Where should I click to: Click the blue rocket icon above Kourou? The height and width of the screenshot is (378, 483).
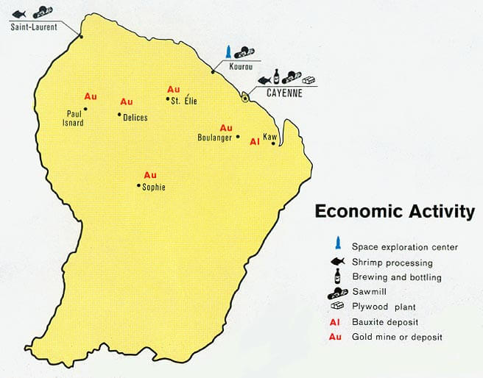tap(230, 51)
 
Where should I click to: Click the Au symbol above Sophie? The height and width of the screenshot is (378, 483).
tap(150, 175)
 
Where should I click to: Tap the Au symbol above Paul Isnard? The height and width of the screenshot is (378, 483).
tap(91, 96)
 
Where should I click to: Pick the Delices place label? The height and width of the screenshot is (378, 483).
tap(135, 118)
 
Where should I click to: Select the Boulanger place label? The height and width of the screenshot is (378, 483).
tap(215, 138)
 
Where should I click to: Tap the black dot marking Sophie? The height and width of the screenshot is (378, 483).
tap(138, 186)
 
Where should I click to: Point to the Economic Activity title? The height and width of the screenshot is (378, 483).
tap(395, 212)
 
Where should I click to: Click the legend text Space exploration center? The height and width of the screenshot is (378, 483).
tap(405, 247)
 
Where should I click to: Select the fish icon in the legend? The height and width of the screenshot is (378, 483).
tap(337, 262)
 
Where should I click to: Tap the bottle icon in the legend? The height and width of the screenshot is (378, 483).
tap(337, 276)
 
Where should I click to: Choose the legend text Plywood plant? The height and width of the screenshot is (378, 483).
tap(383, 306)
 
